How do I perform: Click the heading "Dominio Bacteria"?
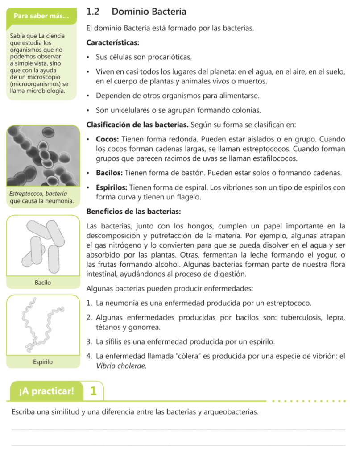pyautogui.click(x=149, y=12)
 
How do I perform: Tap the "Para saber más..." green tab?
pyautogui.click(x=41, y=17)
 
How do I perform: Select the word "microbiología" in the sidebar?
pyautogui.click(x=47, y=91)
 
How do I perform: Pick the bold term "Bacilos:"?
pyautogui.click(x=110, y=173)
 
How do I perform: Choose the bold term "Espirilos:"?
pyautogui.click(x=112, y=188)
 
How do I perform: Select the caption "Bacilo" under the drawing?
pyautogui.click(x=43, y=283)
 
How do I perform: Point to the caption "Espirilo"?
pyautogui.click(x=43, y=362)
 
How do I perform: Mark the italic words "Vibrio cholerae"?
pyautogui.click(x=121, y=366)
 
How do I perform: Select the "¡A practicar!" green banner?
pyautogui.click(x=46, y=391)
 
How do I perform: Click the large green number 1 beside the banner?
pyautogui.click(x=93, y=391)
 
